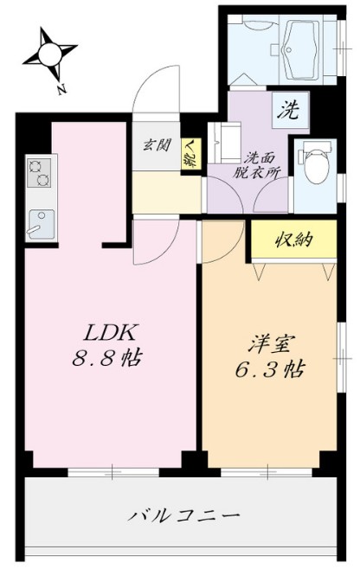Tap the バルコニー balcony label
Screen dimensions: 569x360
(x=183, y=516)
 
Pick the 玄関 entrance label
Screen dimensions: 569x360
(x=157, y=144)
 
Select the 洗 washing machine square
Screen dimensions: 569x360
(x=287, y=110)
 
